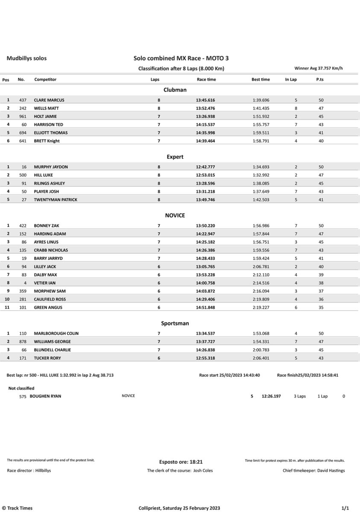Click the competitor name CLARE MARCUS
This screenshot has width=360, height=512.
click(49, 100)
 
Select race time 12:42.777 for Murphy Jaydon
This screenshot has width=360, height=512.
click(206, 167)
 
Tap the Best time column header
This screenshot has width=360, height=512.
click(260, 80)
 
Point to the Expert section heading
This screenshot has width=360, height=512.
click(175, 157)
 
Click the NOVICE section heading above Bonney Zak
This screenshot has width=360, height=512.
click(175, 215)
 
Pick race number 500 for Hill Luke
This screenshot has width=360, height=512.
click(23, 175)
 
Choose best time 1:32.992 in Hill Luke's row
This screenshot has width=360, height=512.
click(260, 175)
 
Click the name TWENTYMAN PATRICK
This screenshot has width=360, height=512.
click(56, 200)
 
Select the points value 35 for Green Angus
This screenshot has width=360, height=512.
click(321, 307)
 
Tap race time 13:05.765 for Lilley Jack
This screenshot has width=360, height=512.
click(206, 266)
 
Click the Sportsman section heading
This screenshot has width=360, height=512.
click(175, 323)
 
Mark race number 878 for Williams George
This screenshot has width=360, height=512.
click(23, 341)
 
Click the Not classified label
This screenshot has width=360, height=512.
click(21, 388)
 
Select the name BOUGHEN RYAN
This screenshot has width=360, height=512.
click(45, 396)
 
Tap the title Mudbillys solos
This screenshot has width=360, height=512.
click(26, 58)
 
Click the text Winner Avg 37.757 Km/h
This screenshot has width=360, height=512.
click(319, 68)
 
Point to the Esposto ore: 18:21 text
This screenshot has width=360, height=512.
click(181, 462)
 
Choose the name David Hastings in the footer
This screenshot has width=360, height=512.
click(331, 471)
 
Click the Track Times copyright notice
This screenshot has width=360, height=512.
click(18, 508)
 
